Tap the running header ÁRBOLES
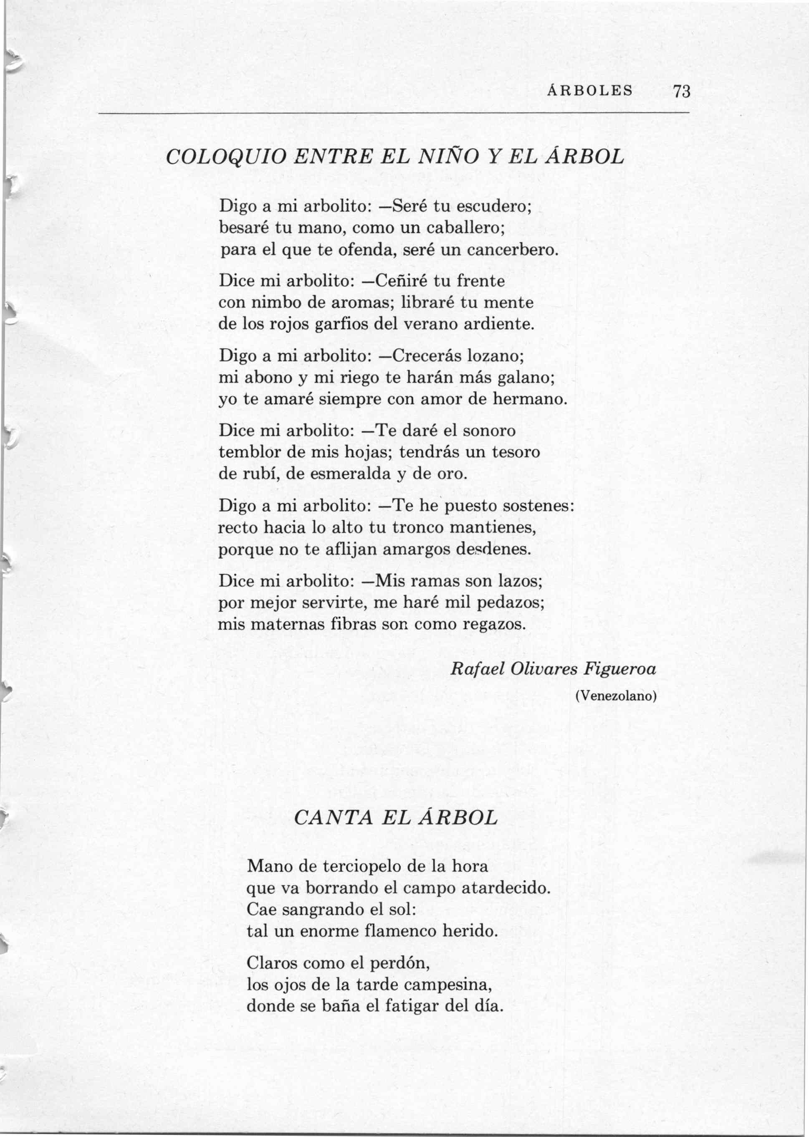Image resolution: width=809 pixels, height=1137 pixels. (x=590, y=91)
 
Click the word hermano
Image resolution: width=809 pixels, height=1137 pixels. (x=530, y=399)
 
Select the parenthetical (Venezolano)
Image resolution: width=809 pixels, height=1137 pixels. (x=616, y=696)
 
